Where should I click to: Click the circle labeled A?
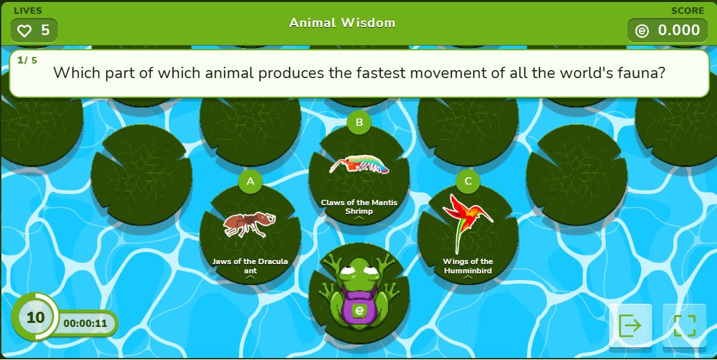coord(250,181)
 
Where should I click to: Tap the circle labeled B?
coord(359,122)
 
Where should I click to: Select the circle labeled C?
coord(468,181)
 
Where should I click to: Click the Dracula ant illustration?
coord(250,224)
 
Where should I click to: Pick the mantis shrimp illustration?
coord(359,165)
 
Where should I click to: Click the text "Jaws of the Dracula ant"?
coord(250,266)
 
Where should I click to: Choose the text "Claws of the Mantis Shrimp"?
coord(359,207)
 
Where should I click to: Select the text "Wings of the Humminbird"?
coord(468,266)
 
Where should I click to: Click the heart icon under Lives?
coord(24,30)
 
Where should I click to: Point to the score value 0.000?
coord(679,30)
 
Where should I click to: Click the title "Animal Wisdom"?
coord(342,23)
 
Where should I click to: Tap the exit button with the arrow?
coord(630,326)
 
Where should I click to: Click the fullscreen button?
coord(685,326)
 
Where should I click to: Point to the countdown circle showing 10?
coord(35,316)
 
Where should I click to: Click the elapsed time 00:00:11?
coord(85,324)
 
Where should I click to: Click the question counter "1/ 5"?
coord(27,60)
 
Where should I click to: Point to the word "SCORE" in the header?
coord(687,11)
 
